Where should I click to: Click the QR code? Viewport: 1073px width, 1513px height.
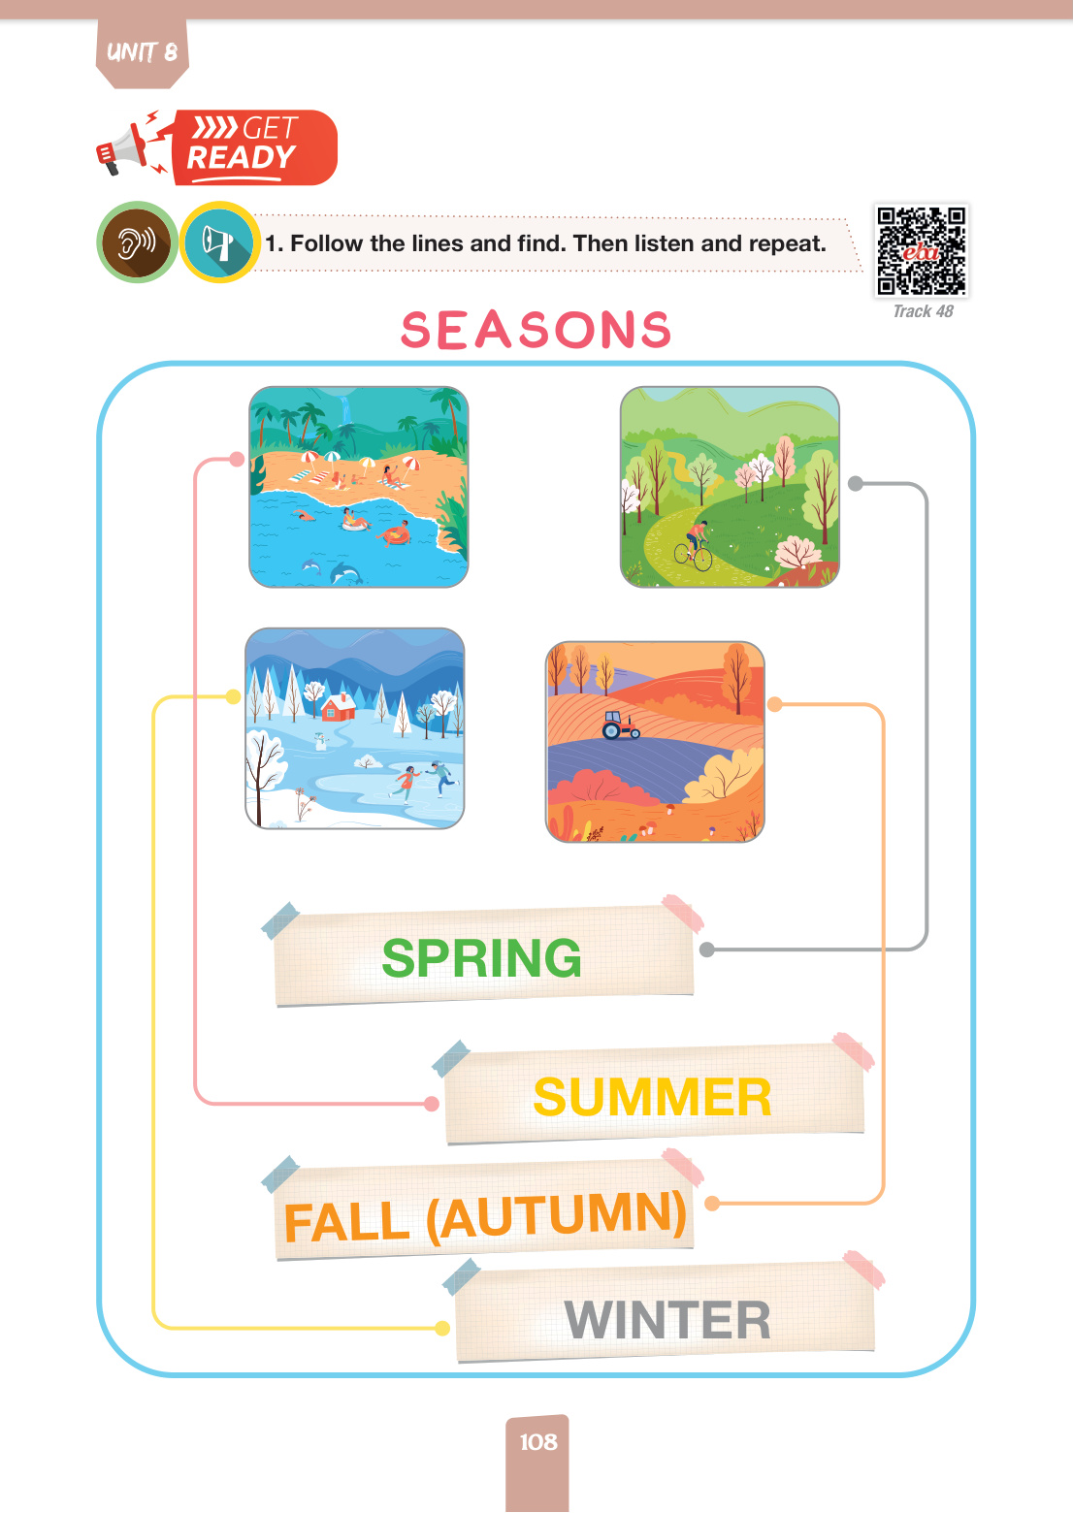point(922,250)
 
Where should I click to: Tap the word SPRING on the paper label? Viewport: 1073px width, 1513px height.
point(481,958)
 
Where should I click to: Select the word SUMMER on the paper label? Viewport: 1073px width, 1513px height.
point(652,1096)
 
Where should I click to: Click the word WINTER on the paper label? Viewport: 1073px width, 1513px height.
point(667,1319)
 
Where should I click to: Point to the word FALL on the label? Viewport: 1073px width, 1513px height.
point(346,1222)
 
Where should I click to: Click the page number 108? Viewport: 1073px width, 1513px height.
point(537,1442)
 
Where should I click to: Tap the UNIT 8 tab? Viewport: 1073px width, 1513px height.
point(142,53)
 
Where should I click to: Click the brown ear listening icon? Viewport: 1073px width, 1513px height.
point(137,241)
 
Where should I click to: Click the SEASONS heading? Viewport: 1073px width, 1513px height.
point(536,330)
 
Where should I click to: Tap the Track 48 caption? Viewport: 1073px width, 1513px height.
point(923,311)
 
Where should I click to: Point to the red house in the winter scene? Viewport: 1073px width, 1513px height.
point(338,706)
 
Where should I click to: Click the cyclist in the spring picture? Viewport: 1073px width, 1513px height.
point(694,544)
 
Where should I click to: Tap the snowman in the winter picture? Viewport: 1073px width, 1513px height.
point(320,741)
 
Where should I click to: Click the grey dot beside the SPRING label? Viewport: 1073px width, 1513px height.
point(707,950)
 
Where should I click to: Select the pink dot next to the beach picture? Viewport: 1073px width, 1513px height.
point(237,460)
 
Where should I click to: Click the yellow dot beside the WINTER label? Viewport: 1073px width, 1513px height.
point(441,1329)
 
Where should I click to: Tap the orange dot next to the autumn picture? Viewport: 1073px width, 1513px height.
point(774,704)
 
